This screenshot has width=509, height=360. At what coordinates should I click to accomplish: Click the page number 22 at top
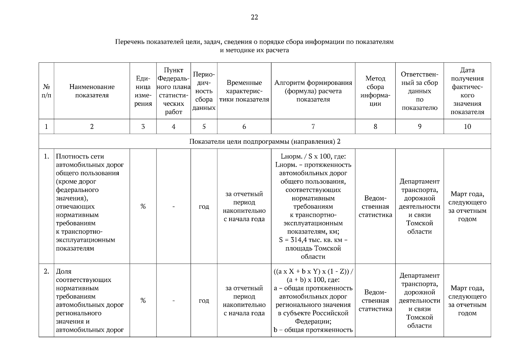click(254, 17)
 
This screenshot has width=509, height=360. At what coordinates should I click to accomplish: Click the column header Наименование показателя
click(92, 91)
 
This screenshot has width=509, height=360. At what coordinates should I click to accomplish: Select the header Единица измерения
click(143, 91)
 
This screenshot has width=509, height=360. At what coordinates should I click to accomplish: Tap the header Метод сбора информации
click(375, 91)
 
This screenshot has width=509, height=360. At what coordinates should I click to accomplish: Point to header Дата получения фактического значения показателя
click(467, 91)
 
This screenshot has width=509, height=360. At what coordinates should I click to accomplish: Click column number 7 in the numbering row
click(313, 127)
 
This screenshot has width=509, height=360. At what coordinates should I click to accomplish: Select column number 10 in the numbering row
click(467, 127)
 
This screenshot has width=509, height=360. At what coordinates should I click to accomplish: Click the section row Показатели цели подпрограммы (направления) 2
click(265, 141)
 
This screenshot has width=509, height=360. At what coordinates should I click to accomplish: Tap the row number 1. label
click(46, 156)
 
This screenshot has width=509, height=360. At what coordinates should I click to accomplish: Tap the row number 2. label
click(46, 271)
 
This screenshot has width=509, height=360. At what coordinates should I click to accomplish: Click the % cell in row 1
click(143, 206)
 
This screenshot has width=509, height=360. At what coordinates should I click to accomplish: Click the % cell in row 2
click(143, 301)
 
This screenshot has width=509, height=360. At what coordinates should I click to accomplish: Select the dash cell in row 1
click(173, 206)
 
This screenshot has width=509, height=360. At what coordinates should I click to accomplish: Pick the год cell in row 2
click(204, 301)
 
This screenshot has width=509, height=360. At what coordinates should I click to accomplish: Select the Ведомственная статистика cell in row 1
click(375, 206)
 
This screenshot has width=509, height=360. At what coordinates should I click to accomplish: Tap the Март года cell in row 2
click(467, 301)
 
